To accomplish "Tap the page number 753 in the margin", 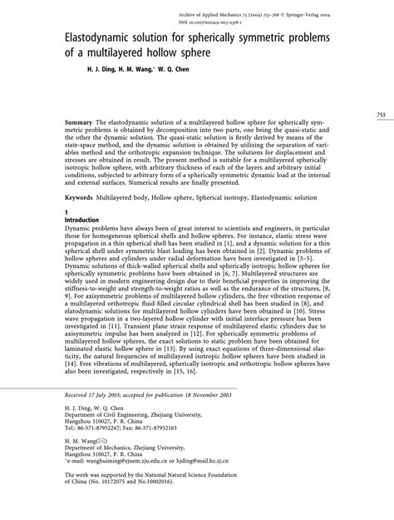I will click(382, 114).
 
